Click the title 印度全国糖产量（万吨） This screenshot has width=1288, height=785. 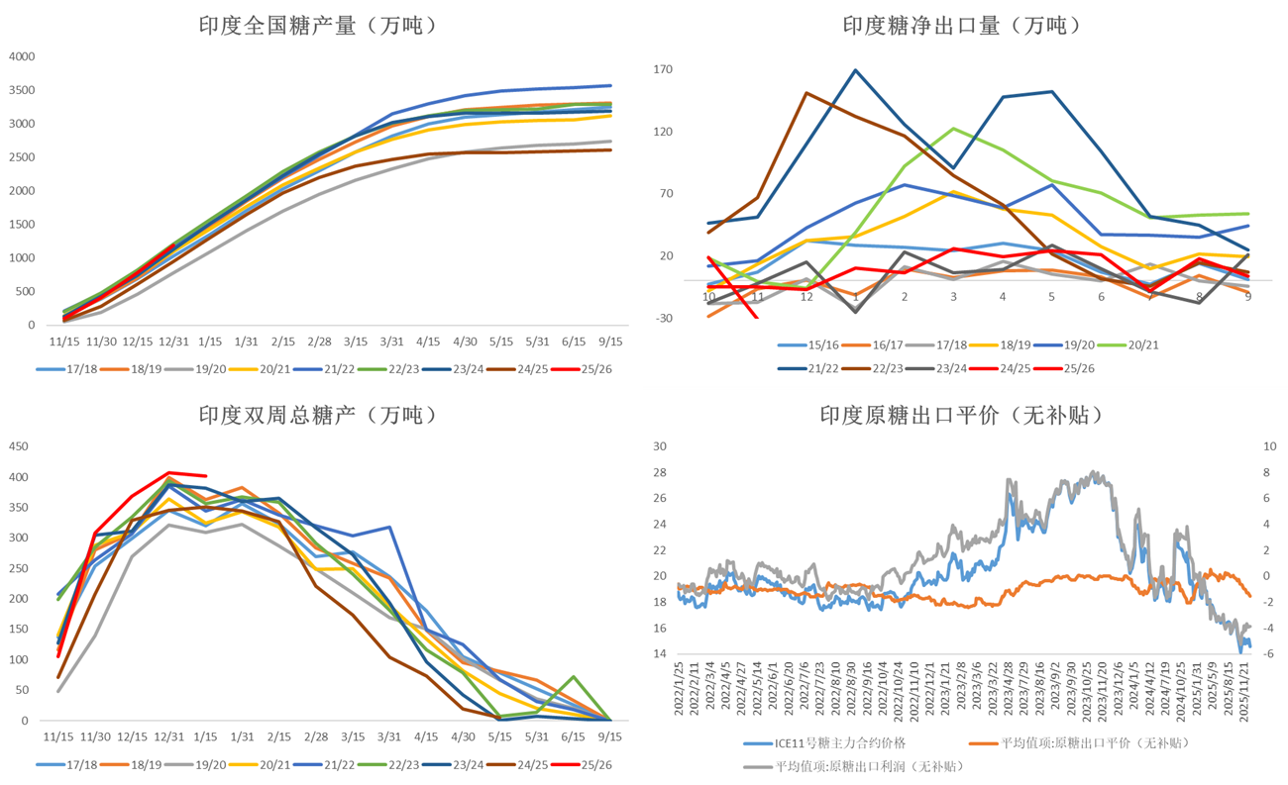tap(317, 26)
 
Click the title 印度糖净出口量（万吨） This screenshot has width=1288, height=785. tap(961, 26)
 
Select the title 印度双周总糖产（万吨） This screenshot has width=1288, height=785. tap(317, 416)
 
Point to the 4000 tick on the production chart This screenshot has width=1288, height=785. tap(22, 56)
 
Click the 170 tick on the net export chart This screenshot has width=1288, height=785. tap(664, 69)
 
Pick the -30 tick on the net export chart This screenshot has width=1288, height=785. tap(664, 318)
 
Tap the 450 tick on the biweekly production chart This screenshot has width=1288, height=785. tap(18, 445)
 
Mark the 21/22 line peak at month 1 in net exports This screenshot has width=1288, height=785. tap(855, 70)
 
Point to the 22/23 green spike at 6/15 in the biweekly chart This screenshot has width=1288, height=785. tap(574, 677)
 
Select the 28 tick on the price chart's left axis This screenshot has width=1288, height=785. tap(661, 472)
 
